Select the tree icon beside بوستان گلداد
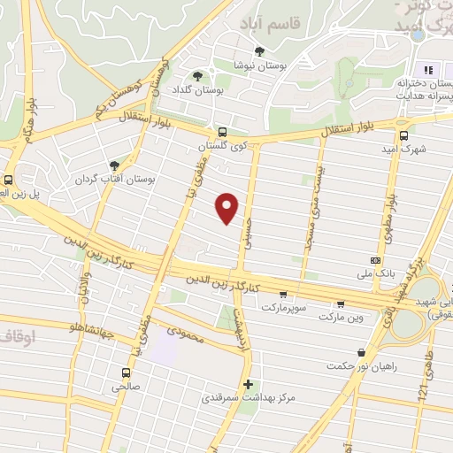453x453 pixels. tap(198, 77)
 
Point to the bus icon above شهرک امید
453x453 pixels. tap(403, 136)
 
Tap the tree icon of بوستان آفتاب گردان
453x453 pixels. tap(113, 165)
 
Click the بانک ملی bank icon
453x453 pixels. tap(376, 260)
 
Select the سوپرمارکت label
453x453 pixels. tap(282, 307)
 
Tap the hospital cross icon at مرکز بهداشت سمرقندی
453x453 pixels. tap(248, 385)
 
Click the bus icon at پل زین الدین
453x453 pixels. tap(8, 178)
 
